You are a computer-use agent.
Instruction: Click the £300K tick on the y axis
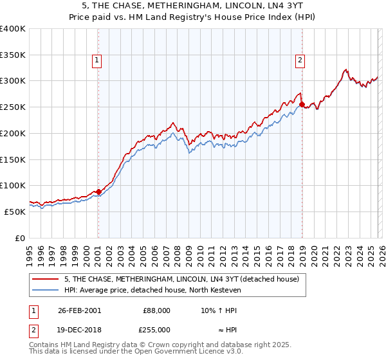[x=13, y=81]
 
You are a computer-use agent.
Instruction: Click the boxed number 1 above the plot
[x=96, y=61]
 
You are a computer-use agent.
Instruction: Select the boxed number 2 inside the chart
[x=300, y=61]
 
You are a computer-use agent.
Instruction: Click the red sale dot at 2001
[x=98, y=192]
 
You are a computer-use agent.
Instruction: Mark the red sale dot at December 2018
[x=302, y=104]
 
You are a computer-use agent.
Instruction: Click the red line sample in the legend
[x=46, y=280]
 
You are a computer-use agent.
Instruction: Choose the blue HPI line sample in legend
[x=46, y=290]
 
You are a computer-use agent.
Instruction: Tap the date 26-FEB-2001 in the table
[x=79, y=310]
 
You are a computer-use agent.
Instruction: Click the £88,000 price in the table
[x=156, y=310]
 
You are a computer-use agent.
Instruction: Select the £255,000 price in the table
[x=156, y=329]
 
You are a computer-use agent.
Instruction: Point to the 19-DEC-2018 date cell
[x=79, y=329]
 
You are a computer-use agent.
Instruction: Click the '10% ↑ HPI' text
[x=219, y=310]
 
